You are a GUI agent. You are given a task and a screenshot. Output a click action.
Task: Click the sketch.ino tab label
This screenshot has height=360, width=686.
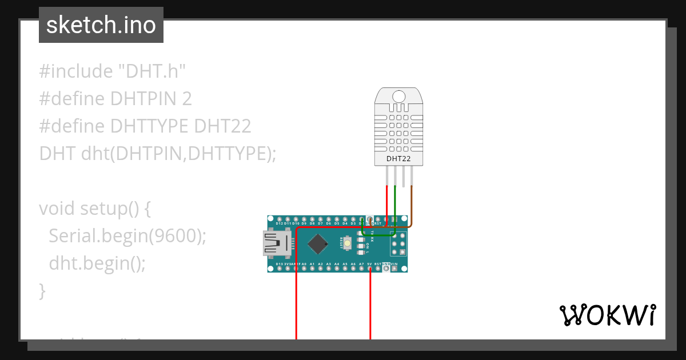click(x=101, y=25)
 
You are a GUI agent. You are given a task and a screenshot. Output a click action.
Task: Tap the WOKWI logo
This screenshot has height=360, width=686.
click(x=607, y=315)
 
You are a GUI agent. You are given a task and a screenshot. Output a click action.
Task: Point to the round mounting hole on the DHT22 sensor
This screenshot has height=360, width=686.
click(x=398, y=96)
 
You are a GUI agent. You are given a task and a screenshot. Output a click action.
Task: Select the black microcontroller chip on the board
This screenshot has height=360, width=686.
click(x=317, y=244)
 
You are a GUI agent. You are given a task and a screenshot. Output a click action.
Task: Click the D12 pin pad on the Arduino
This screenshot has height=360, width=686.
click(x=279, y=219)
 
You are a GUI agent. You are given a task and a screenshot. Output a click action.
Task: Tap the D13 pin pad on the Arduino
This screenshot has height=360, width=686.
click(x=279, y=268)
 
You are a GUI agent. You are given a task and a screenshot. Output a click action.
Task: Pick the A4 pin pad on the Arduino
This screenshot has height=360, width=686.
click(x=337, y=268)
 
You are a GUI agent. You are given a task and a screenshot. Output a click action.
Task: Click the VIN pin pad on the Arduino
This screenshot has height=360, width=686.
click(x=394, y=268)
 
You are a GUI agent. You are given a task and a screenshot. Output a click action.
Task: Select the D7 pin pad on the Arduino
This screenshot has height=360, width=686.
click(x=320, y=219)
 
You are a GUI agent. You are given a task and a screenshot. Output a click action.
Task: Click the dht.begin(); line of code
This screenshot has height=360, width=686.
click(x=97, y=263)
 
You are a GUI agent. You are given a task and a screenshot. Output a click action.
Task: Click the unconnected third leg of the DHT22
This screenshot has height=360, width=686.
click(x=404, y=177)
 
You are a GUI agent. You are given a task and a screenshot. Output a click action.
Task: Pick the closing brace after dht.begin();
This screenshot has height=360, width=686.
click(x=42, y=291)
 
